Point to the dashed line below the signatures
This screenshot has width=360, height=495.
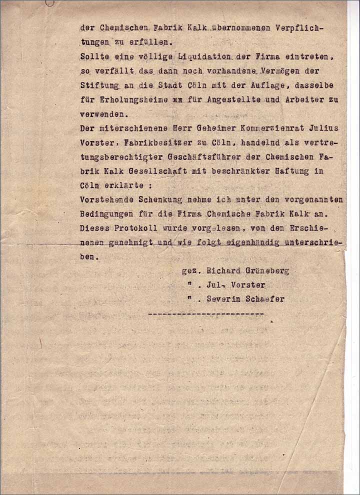click(x=206, y=313)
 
